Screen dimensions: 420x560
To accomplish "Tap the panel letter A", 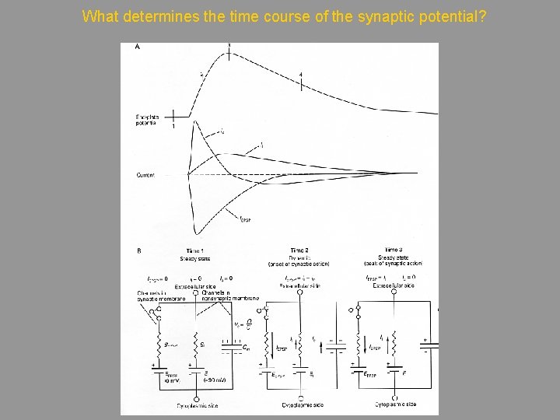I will pos(138,47).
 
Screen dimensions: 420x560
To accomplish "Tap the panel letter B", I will pos(138,251).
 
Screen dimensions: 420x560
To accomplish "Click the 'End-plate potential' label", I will pos(146,120).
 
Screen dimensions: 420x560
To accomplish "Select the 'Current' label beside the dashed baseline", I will pos(145,175).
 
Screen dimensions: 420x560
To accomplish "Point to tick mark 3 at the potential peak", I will pos(229,48).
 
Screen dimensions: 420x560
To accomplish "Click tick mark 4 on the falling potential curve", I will pos(301,78).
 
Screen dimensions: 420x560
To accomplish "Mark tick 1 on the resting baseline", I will pos(173,119).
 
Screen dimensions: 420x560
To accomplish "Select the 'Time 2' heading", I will pos(299,251).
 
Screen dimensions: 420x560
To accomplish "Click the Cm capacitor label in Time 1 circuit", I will pos(247,347).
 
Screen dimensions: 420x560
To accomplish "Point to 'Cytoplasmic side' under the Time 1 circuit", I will pos(196,405).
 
